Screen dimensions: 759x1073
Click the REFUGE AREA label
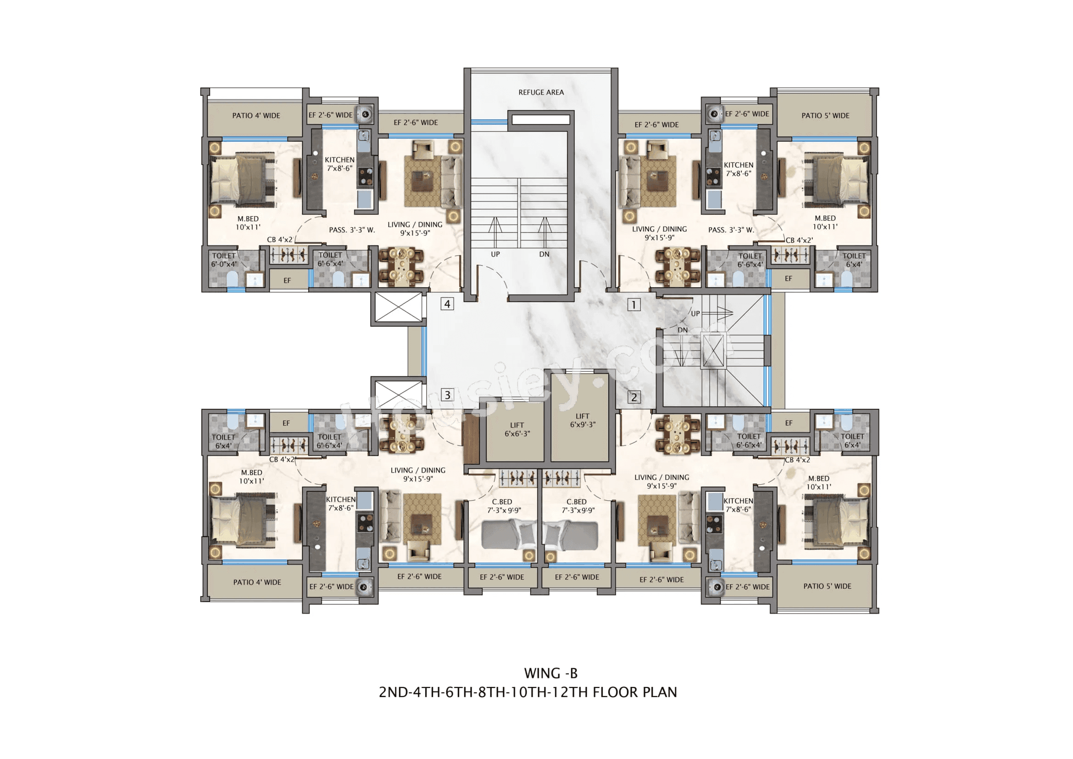pos(541,92)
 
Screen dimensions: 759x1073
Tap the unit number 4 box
pos(447,304)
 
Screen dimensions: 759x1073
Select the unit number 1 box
pos(633,305)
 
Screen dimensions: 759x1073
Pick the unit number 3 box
pos(447,395)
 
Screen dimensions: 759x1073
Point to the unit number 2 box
pos(634,397)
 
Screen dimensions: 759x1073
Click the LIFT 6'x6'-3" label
pos(517,429)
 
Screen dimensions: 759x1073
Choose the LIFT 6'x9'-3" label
pos(582,420)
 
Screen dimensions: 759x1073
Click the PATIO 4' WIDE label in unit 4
pos(256,116)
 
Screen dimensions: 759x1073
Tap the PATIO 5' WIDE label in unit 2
pos(827,586)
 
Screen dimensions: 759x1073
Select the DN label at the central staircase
pos(544,254)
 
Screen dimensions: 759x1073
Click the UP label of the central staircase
pos(495,254)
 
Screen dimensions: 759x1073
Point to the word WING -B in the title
pos(550,673)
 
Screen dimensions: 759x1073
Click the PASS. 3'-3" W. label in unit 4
pos(351,230)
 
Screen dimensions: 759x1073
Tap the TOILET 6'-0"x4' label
pos(224,260)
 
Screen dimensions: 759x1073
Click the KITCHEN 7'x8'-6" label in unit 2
pos(738,505)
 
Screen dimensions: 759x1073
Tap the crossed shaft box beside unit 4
pos(398,307)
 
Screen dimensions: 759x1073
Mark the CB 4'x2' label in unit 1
pos(799,240)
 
